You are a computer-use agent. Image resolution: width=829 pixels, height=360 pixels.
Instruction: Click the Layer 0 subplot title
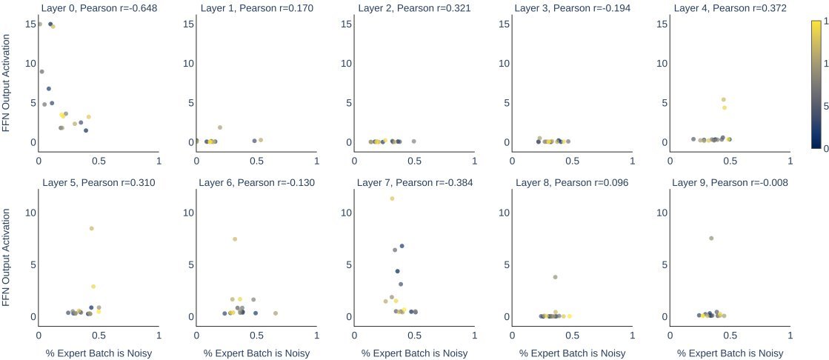98,8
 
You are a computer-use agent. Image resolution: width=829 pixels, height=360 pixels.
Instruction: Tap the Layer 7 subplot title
414,182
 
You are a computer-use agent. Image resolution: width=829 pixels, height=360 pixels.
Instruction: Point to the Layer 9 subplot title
730,182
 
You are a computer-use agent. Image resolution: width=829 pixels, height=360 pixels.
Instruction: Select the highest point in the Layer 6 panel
235,239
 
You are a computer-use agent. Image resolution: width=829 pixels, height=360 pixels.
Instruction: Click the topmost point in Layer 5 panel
92,229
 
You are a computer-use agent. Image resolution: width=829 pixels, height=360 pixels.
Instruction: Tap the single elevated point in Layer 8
555,277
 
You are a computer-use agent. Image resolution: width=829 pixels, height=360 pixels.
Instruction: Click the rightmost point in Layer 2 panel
413,141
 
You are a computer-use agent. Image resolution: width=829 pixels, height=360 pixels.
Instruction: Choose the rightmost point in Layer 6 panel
276,313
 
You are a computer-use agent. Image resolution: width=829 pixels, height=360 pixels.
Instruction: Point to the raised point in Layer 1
220,127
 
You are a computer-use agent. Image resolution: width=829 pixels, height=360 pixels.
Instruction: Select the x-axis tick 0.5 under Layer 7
414,335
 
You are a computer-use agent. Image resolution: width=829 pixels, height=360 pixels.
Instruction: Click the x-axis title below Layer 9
730,353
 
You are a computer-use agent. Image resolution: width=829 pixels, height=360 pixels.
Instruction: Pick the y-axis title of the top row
7,87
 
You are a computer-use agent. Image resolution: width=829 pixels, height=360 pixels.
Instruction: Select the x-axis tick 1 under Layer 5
159,335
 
